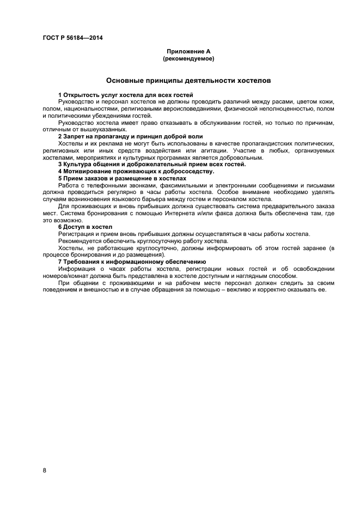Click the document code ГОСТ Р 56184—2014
pyautogui.click(x=72, y=38)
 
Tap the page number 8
pyautogui.click(x=45, y=470)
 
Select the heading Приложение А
pyautogui.click(x=188, y=51)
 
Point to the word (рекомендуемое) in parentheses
pyautogui.click(x=188, y=58)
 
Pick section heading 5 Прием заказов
pyautogui.click(x=122, y=178)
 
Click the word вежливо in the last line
pyautogui.click(x=250, y=289)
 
